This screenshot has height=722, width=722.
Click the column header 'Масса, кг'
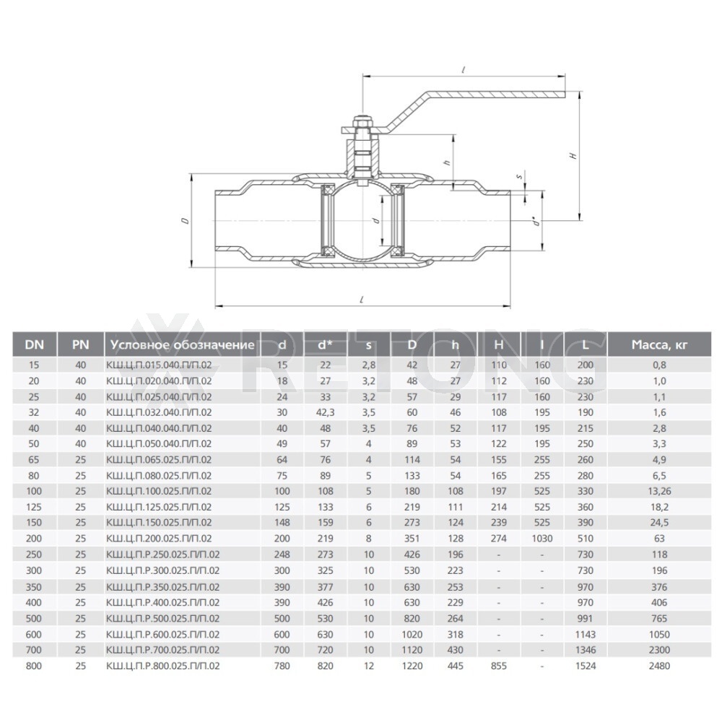pyautogui.click(x=659, y=344)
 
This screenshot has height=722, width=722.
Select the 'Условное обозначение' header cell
pyautogui.click(x=183, y=344)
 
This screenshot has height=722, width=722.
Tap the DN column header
pyautogui.click(x=34, y=344)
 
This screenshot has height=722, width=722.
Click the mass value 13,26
pyautogui.click(x=659, y=491)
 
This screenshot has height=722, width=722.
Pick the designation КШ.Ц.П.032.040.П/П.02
pyautogui.click(x=159, y=412)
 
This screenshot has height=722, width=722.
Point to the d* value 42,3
pyautogui.click(x=325, y=412)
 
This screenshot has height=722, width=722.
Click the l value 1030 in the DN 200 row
pyautogui.click(x=542, y=539)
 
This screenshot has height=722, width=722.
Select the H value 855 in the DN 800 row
pyautogui.click(x=499, y=666)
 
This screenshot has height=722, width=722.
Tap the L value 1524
pyautogui.click(x=586, y=666)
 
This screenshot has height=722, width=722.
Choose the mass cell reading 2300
pyautogui.click(x=659, y=650)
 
